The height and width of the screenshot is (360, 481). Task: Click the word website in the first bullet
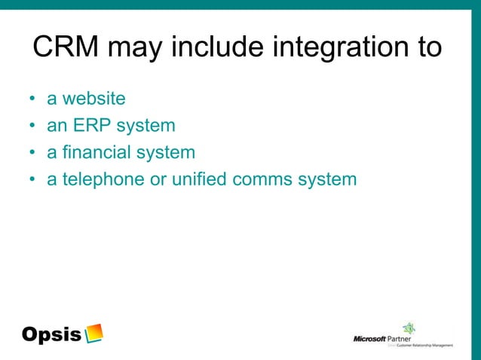(94, 99)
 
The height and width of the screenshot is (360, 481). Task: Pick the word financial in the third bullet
(95, 153)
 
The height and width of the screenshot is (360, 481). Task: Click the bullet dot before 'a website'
(32, 99)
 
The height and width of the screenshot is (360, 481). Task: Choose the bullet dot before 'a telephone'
(32, 181)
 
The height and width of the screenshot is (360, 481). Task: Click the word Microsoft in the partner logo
(369, 339)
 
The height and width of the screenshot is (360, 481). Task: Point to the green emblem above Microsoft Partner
(409, 328)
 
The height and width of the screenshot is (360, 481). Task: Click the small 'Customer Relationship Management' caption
(424, 346)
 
